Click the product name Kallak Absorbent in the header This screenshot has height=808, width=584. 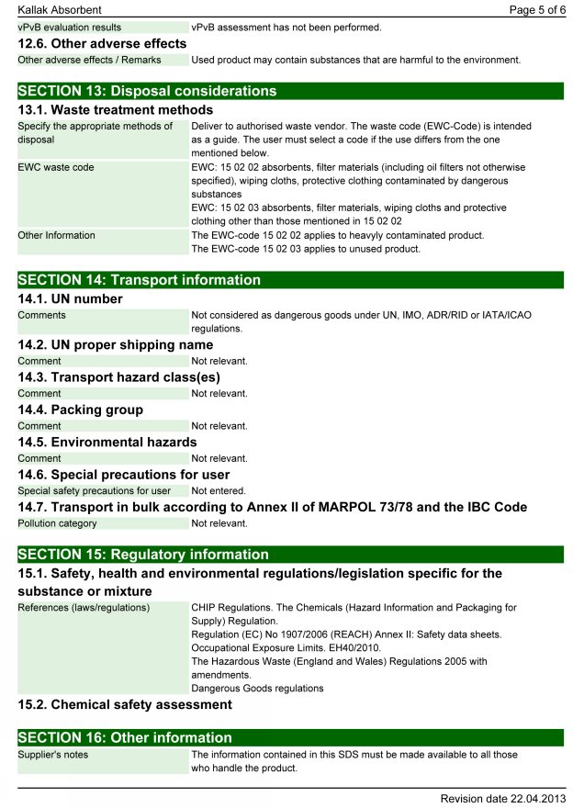point(60,9)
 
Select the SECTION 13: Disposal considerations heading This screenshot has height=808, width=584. point(147,91)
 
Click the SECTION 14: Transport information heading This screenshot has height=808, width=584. point(139,280)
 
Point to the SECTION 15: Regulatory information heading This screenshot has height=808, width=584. point(143,555)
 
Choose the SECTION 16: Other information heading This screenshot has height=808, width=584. point(125,737)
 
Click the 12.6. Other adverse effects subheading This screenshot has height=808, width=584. point(102,43)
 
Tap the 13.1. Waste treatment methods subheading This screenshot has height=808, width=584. point(116,110)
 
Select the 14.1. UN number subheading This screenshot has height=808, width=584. point(70,298)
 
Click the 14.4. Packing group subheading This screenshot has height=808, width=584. point(81,410)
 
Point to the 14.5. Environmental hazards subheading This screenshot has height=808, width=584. point(107,442)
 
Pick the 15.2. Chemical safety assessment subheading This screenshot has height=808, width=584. point(125,704)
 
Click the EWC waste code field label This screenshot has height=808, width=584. point(56,168)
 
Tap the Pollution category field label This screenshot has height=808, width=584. point(57,523)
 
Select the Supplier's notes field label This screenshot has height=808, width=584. point(53,755)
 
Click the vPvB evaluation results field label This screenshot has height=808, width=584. point(70,28)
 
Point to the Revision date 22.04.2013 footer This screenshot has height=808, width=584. point(502,798)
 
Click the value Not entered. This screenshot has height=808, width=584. point(219,491)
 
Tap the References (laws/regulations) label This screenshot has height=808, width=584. point(84,608)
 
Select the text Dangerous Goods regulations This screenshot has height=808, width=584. point(257,688)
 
